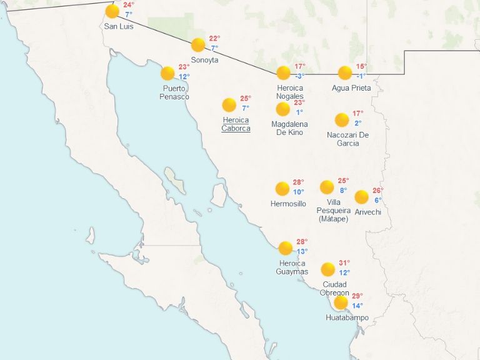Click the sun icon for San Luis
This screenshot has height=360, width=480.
(x=112, y=11)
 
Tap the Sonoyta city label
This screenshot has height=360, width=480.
(x=205, y=60)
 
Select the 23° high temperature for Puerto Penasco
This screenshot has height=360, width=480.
(x=184, y=67)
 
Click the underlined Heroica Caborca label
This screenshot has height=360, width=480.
(x=236, y=124)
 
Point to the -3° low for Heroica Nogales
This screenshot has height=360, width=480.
(x=300, y=76)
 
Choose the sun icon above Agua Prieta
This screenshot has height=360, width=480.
(x=345, y=72)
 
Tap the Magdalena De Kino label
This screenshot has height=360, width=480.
(x=289, y=128)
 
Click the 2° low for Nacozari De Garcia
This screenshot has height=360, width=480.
(x=358, y=123)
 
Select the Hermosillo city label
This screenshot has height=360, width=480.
(x=288, y=204)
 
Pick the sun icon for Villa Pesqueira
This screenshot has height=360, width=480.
(x=327, y=187)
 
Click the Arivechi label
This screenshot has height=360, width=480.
(x=367, y=212)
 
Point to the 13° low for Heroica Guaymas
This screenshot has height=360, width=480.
(x=302, y=252)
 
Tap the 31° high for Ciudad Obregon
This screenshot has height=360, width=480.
(x=344, y=263)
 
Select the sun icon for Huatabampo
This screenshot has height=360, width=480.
(x=341, y=302)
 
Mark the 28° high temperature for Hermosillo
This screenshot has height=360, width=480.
(x=298, y=182)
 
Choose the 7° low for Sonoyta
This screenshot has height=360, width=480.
(x=214, y=48)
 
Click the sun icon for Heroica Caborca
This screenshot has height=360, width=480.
(x=229, y=104)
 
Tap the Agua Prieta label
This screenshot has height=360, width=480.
(x=351, y=88)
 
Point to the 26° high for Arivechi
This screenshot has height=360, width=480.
(x=377, y=191)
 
